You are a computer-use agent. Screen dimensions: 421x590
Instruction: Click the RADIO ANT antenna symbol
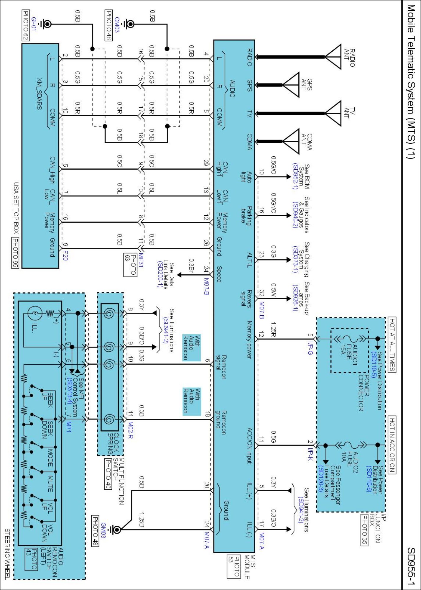coord(333,57)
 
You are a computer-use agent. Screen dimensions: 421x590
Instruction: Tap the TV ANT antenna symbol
coord(333,113)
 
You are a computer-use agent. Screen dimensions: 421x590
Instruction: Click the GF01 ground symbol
coord(47,24)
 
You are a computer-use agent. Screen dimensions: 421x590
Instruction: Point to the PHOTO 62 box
coord(26,25)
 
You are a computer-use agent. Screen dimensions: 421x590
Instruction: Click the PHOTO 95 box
coord(15,253)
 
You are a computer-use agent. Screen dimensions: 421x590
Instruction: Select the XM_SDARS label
coord(39,94)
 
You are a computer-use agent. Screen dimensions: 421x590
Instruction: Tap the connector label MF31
coord(141,260)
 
